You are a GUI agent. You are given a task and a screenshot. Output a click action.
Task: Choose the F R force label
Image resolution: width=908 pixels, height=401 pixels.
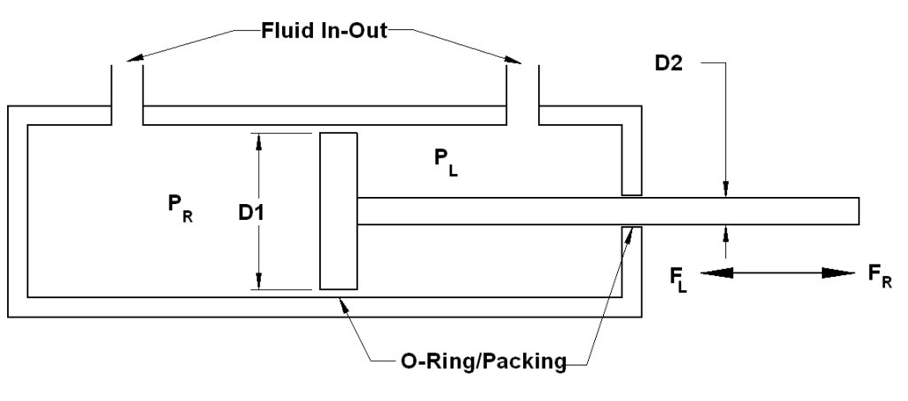point(880,275)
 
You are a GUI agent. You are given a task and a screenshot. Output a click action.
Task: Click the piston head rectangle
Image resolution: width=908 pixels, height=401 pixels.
point(339,211)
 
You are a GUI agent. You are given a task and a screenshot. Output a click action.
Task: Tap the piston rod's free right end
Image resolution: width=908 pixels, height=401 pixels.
point(856,211)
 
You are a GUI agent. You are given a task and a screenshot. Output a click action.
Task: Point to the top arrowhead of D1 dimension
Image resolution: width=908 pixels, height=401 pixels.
point(259,142)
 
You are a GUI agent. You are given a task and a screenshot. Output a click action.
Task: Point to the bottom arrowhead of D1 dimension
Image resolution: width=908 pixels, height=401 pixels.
point(259,282)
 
